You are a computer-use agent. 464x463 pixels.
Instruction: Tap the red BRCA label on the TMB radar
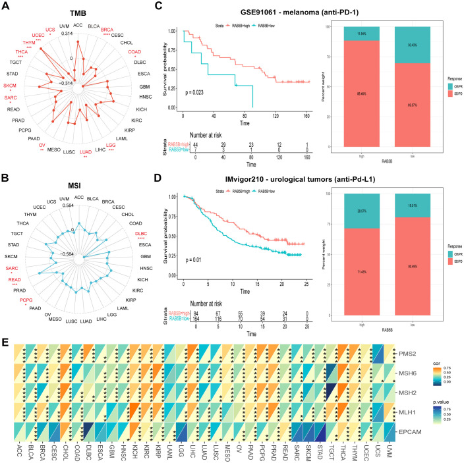pyautogui.click(x=107, y=30)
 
